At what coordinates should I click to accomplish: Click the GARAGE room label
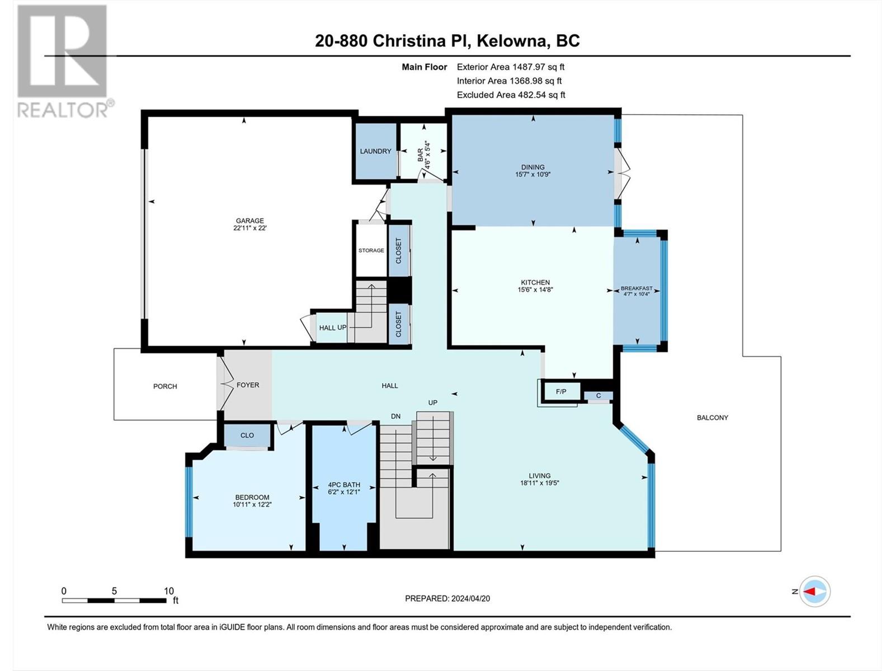click(x=249, y=221)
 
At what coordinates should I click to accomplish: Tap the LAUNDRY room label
click(x=375, y=151)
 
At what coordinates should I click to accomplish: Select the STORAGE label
click(x=371, y=250)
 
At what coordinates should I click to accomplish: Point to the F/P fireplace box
click(x=560, y=391)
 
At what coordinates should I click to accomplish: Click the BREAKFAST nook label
click(x=637, y=289)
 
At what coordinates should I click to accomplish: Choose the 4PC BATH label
click(x=344, y=485)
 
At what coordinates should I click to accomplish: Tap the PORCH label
click(x=165, y=386)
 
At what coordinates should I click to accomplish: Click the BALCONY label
click(x=712, y=418)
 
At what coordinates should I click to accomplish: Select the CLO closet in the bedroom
click(x=247, y=436)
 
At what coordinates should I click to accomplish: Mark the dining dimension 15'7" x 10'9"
click(x=533, y=174)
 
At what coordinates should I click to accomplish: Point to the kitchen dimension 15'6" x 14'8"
click(x=535, y=290)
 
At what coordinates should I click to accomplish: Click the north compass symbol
click(x=814, y=591)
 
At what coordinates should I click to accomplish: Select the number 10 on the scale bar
click(x=169, y=590)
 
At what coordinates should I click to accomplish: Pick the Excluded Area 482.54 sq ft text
click(x=511, y=95)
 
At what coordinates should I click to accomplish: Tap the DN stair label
click(x=395, y=417)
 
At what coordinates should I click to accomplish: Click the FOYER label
click(x=248, y=385)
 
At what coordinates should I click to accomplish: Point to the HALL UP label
click(x=333, y=328)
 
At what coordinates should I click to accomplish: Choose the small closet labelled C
click(x=598, y=395)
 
